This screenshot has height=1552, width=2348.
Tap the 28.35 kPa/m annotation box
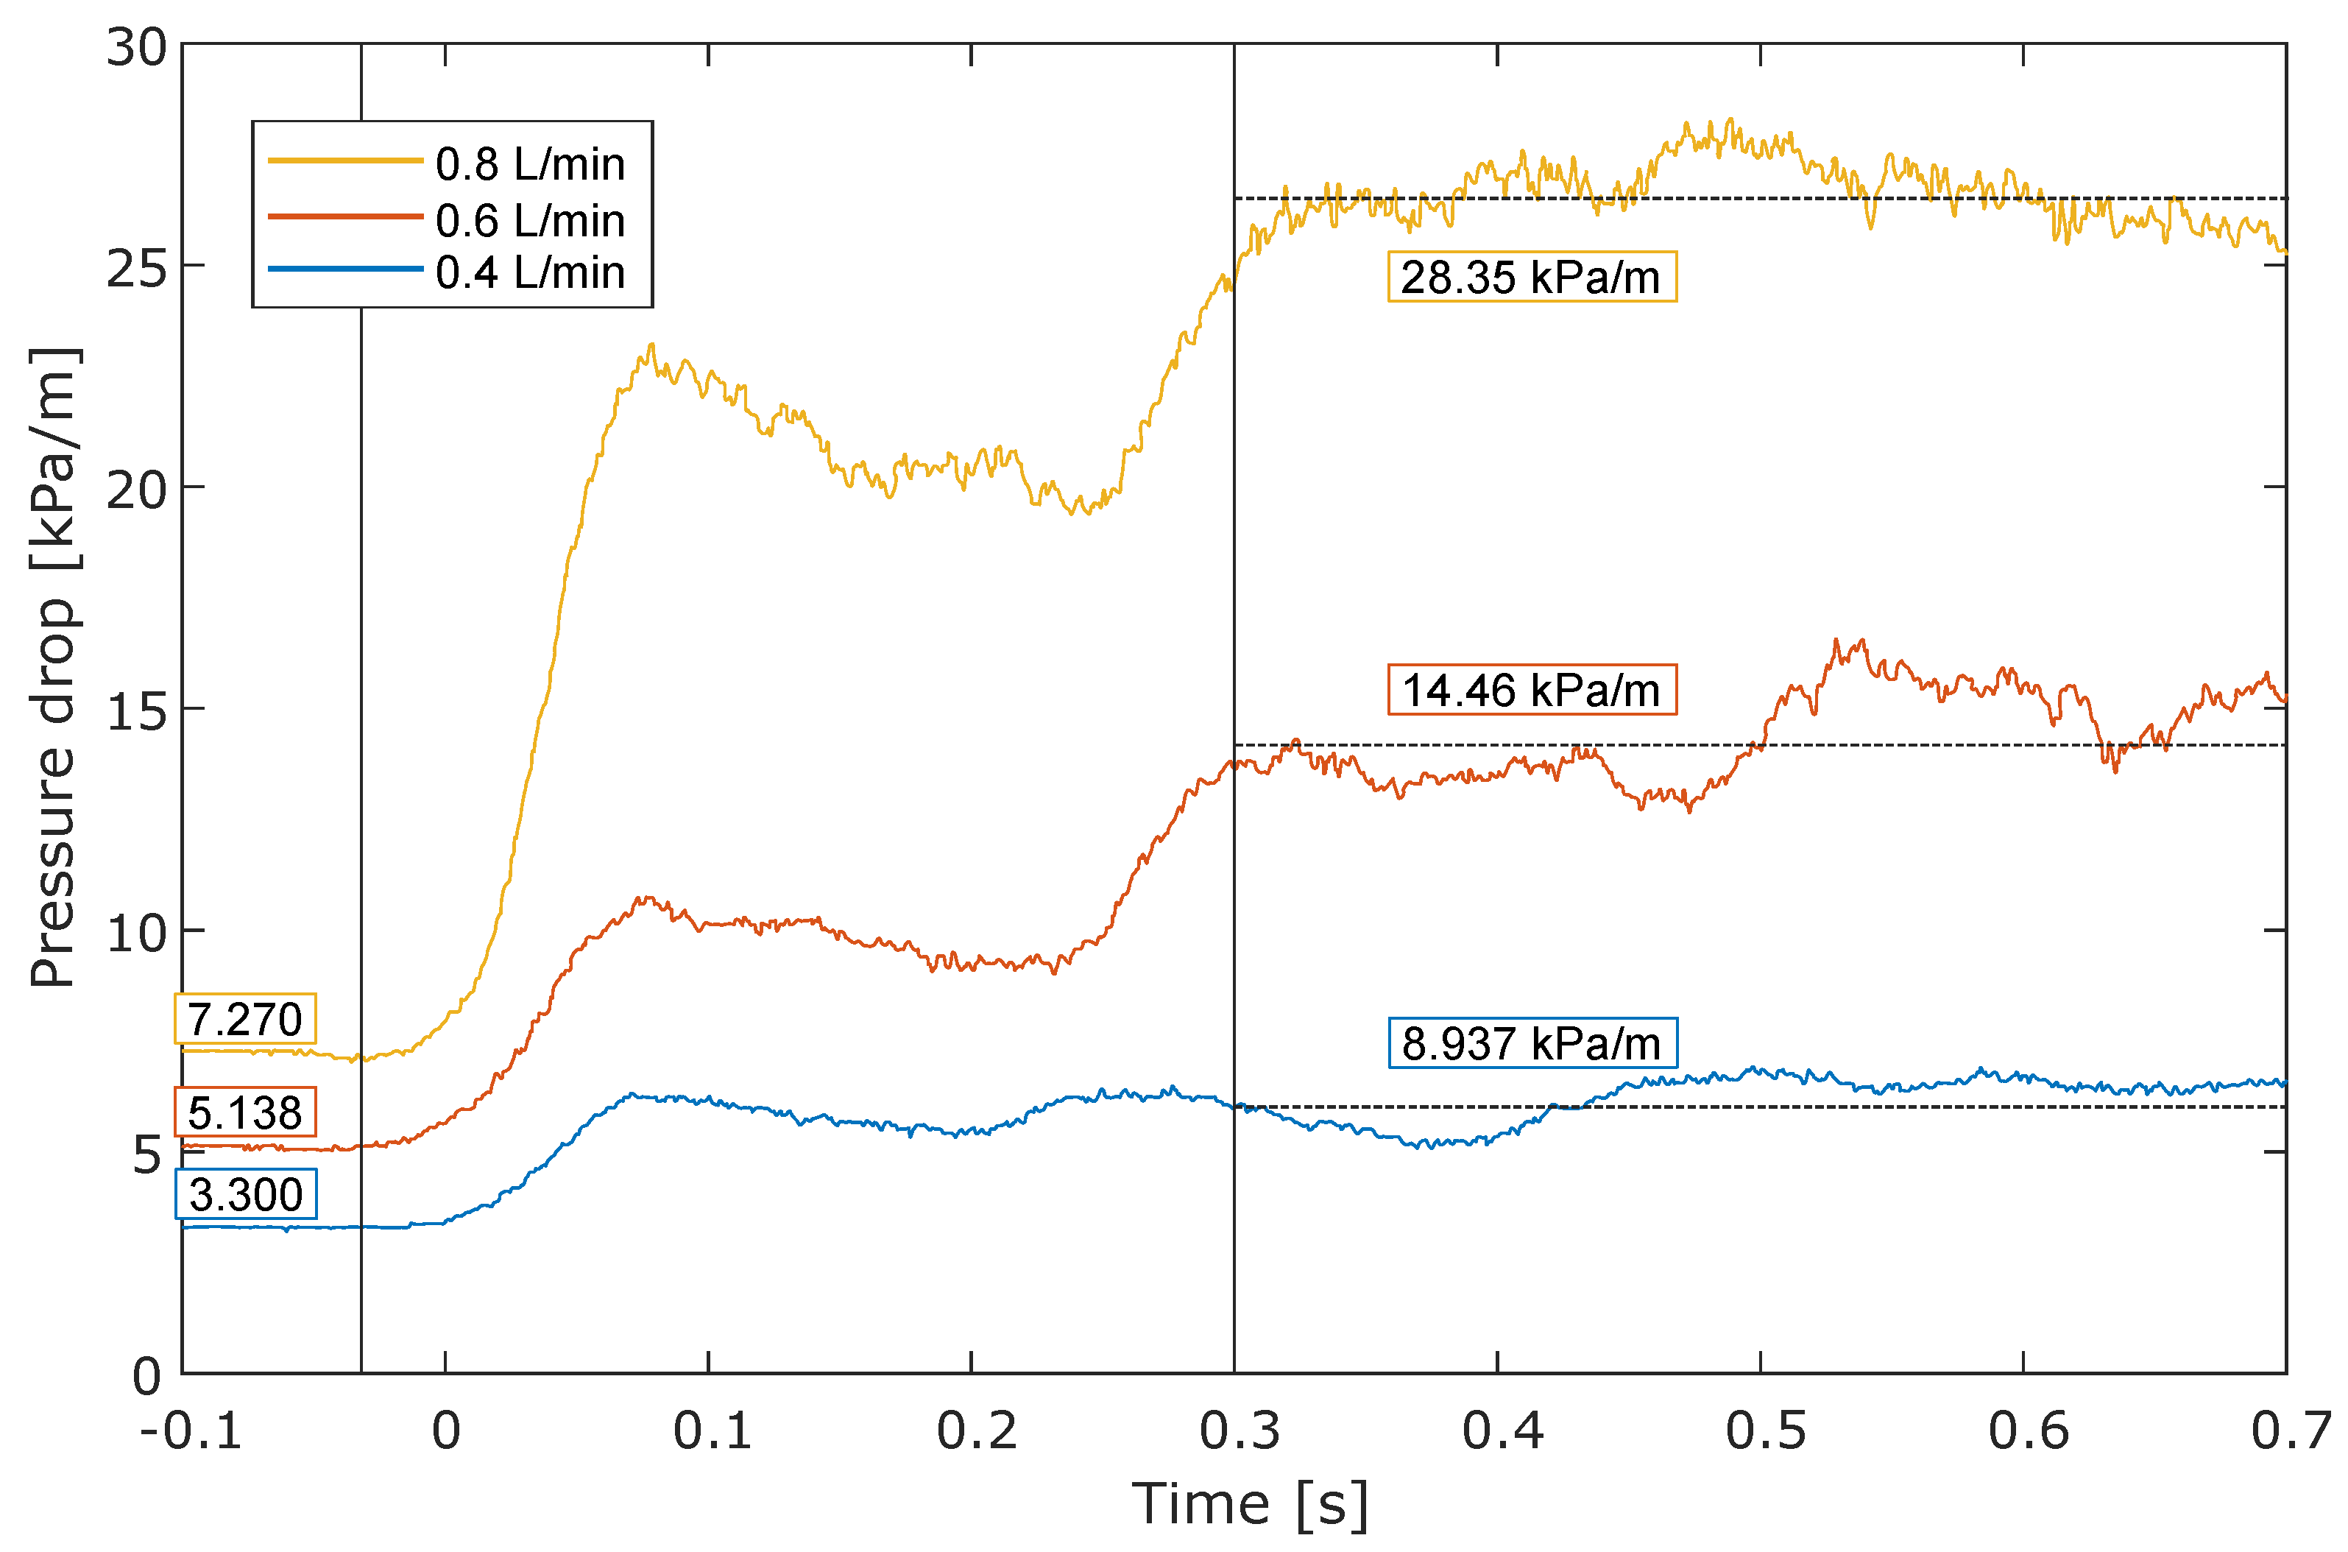[x=1531, y=277]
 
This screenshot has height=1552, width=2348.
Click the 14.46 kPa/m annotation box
[x=1531, y=690]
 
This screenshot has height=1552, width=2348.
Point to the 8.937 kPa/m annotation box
[x=1531, y=1043]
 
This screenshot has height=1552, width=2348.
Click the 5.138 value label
[x=244, y=1113]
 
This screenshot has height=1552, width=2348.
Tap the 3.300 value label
[x=245, y=1195]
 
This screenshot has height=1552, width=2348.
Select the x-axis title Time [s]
[x=1250, y=1504]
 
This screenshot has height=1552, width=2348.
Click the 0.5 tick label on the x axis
[x=1764, y=1431]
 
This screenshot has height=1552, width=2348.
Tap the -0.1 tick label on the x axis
[x=190, y=1431]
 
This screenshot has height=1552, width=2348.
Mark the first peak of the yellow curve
[x=651, y=347]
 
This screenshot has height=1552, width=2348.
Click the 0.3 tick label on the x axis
[x=1239, y=1431]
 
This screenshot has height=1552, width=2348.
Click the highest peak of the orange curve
[x=1836, y=641]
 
